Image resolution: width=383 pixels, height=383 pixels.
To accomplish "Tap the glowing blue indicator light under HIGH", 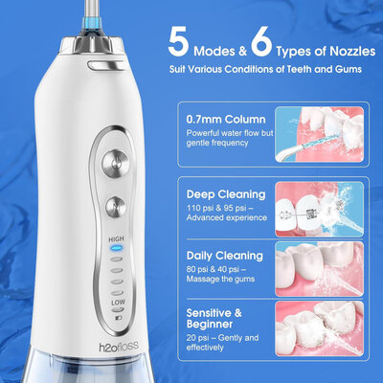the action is click(116, 248).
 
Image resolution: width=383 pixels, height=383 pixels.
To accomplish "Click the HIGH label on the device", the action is click(116, 239).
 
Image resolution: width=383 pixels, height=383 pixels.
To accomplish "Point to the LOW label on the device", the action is click(118, 302).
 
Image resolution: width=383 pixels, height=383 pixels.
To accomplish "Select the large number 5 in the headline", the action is click(179, 42).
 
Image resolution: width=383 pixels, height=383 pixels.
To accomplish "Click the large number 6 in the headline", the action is click(261, 42).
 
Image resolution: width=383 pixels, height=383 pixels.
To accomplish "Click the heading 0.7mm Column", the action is click(226, 120).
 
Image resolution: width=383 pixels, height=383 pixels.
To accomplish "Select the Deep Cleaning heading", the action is click(226, 194).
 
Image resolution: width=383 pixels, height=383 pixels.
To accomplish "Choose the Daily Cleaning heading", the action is click(225, 256).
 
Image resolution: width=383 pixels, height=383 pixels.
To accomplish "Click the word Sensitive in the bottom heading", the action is click(210, 312).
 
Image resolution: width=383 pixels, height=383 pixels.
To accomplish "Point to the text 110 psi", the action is click(198, 208).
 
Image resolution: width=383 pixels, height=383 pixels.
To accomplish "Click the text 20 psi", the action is click(196, 338).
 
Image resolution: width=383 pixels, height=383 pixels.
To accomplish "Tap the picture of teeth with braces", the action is click(319, 210).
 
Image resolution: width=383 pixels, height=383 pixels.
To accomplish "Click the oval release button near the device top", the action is click(105, 65).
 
